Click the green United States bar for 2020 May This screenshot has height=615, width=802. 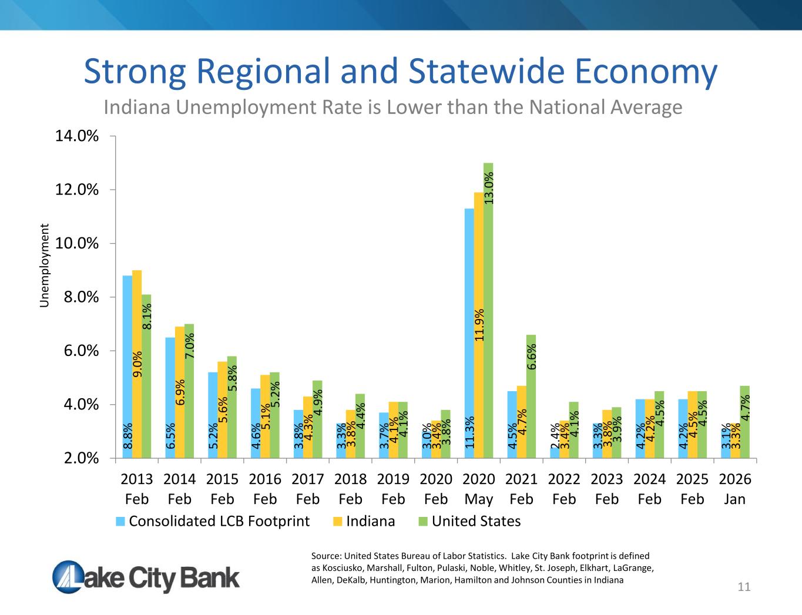[488, 310]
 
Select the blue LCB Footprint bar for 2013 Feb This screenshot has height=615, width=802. [127, 367]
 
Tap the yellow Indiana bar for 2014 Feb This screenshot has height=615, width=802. [180, 392]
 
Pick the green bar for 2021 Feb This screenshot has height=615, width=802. [531, 396]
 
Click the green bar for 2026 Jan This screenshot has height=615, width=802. [745, 422]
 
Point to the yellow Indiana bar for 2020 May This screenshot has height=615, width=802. [479, 325]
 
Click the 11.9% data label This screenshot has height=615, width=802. [479, 325]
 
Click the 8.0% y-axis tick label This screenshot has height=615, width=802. [81, 297]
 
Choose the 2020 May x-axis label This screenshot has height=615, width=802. [479, 489]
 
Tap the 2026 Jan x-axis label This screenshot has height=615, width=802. [735, 489]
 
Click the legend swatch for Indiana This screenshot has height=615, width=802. [338, 521]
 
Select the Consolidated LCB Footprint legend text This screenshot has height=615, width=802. [219, 521]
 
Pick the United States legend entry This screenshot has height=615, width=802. [469, 521]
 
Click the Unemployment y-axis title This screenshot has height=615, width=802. [44, 266]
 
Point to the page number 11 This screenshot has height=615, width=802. [744, 587]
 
